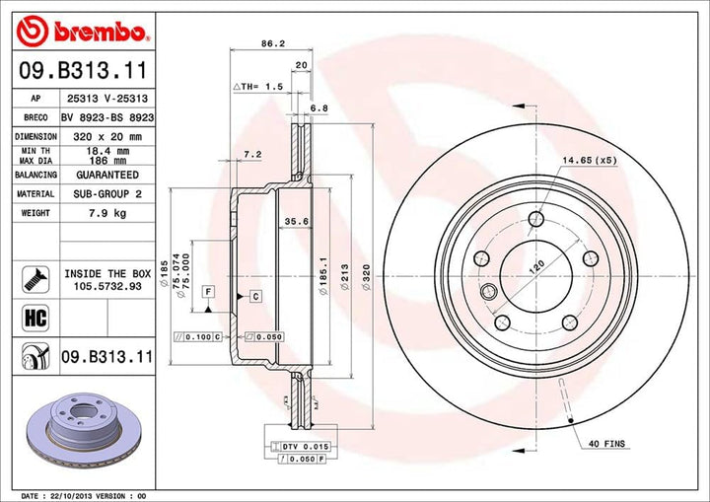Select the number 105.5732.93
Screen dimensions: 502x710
[x=107, y=286]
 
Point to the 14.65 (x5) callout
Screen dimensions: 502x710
[x=589, y=160]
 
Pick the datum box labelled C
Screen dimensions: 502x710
[x=254, y=296]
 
